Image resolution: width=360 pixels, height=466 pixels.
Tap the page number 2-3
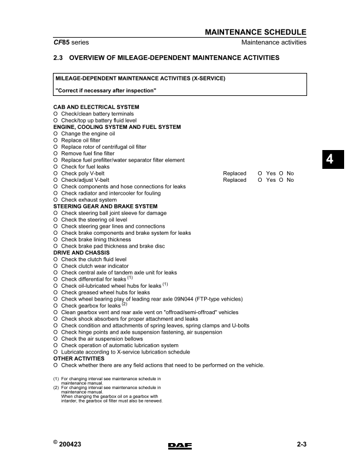click(302, 445)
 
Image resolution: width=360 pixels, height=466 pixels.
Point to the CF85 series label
click(71, 43)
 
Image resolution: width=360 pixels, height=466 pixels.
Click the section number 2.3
click(59, 58)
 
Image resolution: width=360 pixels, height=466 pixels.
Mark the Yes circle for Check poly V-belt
click(260, 174)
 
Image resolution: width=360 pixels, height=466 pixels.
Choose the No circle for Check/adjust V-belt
click(281, 180)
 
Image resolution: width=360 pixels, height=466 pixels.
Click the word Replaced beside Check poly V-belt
click(235, 174)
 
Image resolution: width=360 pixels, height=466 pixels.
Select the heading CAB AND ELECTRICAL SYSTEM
click(96, 107)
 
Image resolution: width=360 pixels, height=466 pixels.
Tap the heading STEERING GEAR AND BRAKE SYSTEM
click(105, 207)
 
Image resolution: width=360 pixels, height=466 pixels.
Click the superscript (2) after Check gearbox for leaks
click(124, 304)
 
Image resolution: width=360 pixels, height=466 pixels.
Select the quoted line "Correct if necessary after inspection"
click(105, 90)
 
